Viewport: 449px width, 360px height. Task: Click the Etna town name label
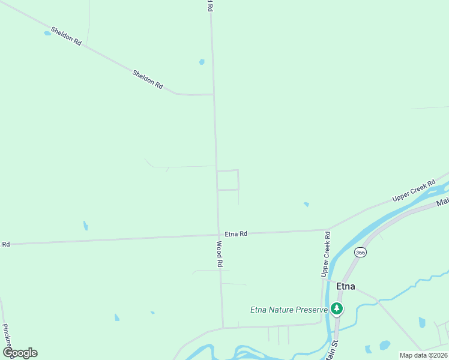click(345, 286)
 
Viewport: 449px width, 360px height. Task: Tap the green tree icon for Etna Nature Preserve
click(337, 309)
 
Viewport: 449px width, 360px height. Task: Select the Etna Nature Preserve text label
click(289, 310)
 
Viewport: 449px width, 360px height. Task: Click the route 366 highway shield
click(360, 253)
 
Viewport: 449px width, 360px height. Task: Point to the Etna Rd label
click(236, 234)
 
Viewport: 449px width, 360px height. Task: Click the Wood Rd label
click(220, 254)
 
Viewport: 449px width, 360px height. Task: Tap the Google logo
click(20, 353)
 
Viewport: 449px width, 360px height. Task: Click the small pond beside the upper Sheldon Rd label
click(47, 34)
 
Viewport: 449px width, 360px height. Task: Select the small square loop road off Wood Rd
click(228, 180)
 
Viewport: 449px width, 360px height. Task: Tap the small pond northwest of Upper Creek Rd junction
click(306, 205)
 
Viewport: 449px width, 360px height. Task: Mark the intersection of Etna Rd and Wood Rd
click(218, 235)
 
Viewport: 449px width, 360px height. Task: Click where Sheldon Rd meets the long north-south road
click(214, 95)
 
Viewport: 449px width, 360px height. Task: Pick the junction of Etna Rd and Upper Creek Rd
click(328, 230)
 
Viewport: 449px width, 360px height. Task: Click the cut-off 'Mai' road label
click(442, 202)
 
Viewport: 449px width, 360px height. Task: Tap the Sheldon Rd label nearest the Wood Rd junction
click(148, 80)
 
